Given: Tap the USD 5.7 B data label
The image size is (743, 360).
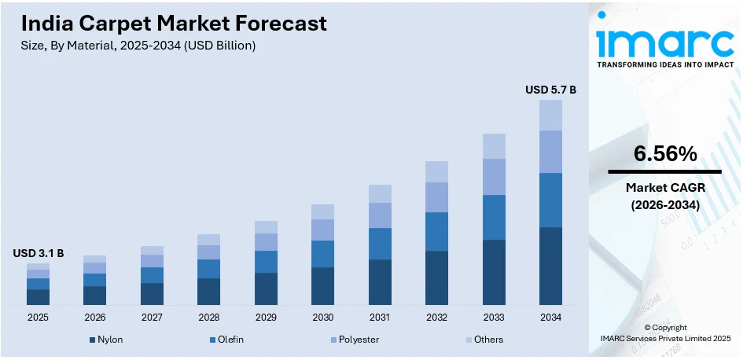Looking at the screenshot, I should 550,90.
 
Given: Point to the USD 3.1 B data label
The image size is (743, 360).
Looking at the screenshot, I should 38,253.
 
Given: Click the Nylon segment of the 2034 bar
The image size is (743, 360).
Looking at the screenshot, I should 550,266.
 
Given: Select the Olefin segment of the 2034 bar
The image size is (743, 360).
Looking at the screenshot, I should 550,200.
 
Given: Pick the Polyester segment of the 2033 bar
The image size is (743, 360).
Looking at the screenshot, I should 494,177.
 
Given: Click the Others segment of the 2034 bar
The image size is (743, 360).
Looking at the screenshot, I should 550,115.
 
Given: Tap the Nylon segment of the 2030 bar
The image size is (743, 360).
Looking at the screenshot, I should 322,286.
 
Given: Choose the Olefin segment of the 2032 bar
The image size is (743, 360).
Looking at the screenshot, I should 436,231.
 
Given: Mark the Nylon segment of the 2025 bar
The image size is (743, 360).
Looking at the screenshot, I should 38,297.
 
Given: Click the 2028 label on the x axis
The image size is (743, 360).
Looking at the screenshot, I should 208,318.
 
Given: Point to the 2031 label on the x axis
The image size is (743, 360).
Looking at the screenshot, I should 380,318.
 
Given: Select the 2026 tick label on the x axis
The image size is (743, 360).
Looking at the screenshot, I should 94,318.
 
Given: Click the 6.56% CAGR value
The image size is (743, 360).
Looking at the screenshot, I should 665,155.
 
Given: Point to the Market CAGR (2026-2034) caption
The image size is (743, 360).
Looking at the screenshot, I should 665,196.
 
